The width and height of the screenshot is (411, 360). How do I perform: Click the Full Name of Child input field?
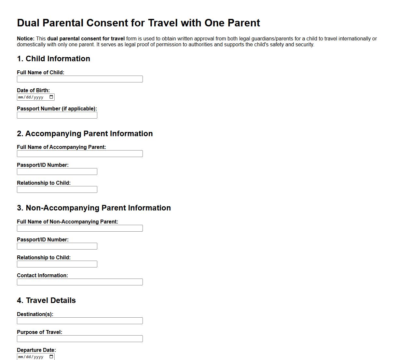80,79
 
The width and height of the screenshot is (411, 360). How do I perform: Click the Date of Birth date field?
33,97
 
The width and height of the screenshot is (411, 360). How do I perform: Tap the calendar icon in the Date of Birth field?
51,97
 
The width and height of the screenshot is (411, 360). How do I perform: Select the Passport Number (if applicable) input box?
57,115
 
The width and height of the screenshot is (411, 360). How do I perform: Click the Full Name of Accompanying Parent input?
80,154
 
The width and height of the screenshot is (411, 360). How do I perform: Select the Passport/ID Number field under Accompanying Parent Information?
57,172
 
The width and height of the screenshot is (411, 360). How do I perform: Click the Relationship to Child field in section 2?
57,190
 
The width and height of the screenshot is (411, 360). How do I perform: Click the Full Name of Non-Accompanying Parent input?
80,228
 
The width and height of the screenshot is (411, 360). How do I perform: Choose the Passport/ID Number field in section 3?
57,246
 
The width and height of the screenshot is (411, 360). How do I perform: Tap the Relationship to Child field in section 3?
57,264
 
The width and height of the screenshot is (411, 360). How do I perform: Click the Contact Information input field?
80,282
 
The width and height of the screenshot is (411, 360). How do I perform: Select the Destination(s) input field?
80,321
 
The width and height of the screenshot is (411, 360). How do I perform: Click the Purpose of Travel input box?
80,339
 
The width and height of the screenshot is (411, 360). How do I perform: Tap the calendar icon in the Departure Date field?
51,356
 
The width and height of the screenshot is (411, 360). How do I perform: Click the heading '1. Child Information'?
53,59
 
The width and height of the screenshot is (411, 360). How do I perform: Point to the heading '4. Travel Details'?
46,300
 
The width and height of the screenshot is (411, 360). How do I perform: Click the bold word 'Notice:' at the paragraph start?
26,39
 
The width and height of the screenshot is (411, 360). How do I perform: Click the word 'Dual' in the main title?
28,23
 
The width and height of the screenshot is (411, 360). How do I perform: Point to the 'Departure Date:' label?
36,350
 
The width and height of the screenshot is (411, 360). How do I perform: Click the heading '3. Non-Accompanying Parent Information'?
94,208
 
